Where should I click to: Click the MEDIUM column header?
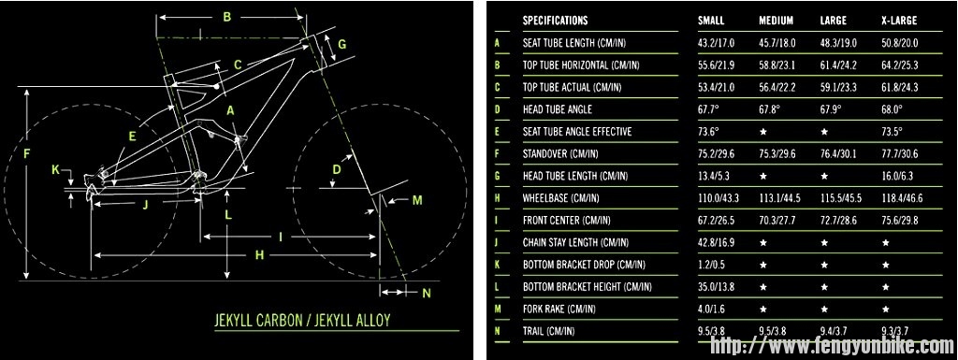776,21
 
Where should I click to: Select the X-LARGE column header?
899,21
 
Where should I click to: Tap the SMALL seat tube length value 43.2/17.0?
716,43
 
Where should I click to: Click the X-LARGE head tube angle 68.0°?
892,109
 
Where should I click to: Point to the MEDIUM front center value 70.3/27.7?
777,221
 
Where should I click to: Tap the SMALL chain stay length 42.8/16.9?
716,243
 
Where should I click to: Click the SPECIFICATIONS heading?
556,21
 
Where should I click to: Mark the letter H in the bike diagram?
260,255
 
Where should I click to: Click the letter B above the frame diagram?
226,17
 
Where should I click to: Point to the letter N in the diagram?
427,293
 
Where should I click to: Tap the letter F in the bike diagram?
26,154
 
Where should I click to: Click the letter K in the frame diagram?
55,170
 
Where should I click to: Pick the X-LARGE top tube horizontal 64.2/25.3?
899,65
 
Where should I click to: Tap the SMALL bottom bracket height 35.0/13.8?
716,287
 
